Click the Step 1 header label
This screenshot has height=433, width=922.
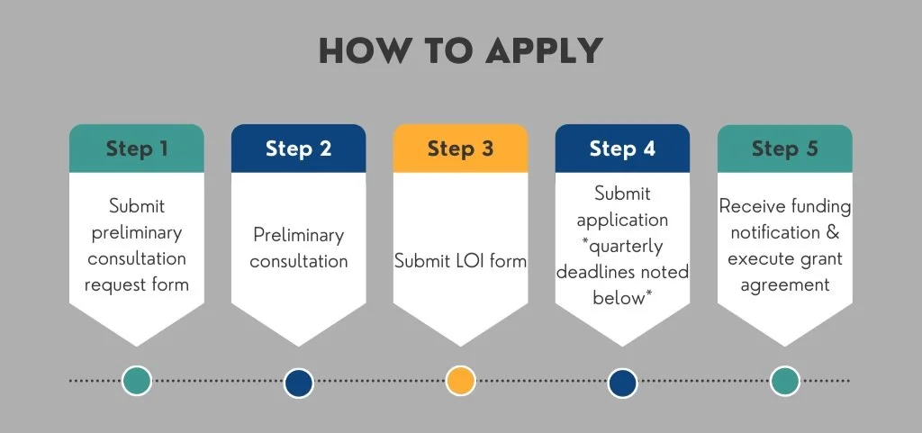tap(137, 149)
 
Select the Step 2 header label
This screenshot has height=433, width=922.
tap(299, 149)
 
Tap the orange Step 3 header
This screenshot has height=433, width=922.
tap(460, 149)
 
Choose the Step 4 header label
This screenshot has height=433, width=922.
tap(622, 149)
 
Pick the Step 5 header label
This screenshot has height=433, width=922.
tap(784, 149)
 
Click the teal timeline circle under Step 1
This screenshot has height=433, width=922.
tap(137, 381)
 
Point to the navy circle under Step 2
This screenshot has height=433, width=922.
tap(298, 382)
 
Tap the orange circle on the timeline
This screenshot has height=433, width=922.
tap(460, 381)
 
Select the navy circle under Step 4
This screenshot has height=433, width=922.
tap(622, 382)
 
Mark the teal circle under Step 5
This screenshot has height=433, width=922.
tap(784, 381)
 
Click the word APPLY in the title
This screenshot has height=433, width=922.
tap(544, 51)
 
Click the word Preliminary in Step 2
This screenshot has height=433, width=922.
tap(298, 235)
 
